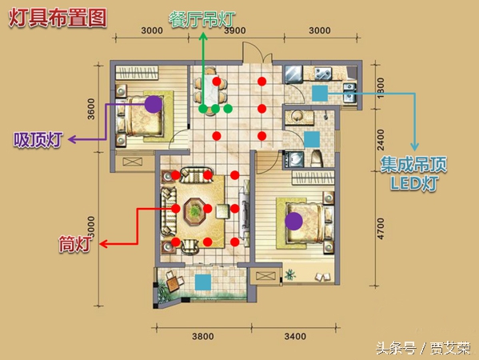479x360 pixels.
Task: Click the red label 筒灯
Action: coord(77,243)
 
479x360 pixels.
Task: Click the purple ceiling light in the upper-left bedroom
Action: coord(153,103)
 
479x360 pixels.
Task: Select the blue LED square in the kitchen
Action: coord(320,94)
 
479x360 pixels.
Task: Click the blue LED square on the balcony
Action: coord(203,282)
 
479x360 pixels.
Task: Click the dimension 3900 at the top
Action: coord(234,30)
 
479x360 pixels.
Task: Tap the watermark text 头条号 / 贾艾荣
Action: coord(422,348)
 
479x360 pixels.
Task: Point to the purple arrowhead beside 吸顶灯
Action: coord(70,141)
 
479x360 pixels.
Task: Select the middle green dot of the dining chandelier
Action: coord(215,107)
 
